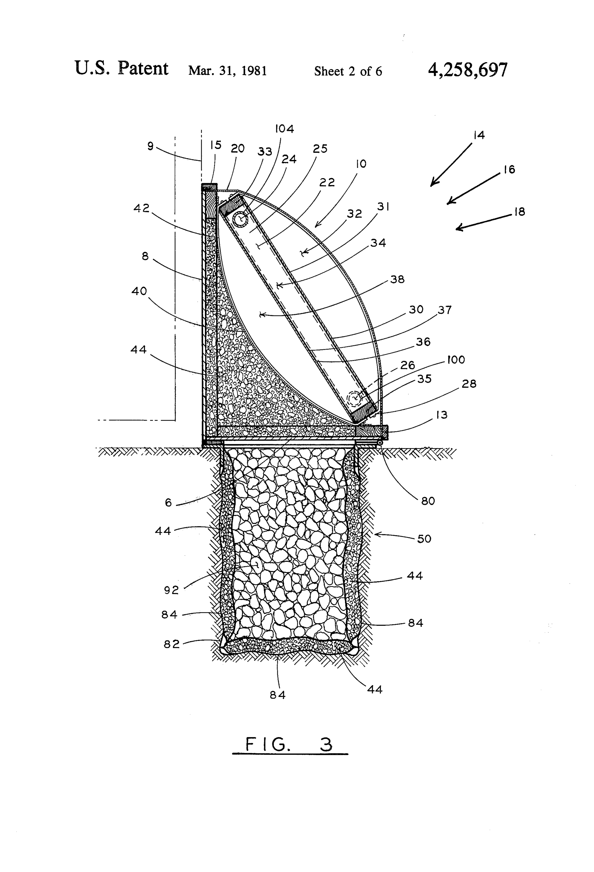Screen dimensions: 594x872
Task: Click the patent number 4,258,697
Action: click(468, 70)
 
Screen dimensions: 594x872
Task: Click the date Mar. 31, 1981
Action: click(228, 71)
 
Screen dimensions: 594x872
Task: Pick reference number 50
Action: click(424, 539)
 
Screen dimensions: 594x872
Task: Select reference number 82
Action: click(172, 644)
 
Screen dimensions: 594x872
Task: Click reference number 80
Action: click(428, 501)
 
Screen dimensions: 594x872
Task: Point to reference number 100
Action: click(456, 360)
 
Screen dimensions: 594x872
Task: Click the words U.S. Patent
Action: click(121, 68)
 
